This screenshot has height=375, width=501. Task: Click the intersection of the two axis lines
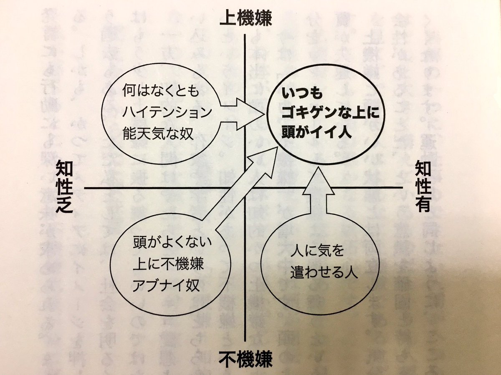pos(245,188)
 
